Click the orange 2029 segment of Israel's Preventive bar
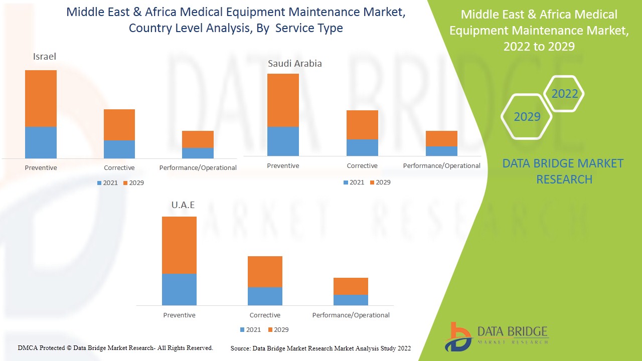41,98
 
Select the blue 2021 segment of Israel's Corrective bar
119,149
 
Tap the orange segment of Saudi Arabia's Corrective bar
362,125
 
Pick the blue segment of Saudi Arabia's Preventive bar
283,141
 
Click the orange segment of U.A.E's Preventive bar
179,245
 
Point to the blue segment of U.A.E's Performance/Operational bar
351,300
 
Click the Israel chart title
45,57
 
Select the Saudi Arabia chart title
294,64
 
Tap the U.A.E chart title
183,205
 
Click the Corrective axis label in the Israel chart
119,168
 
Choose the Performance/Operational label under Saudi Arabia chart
441,166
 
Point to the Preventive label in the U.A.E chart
179,315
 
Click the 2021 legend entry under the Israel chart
107,183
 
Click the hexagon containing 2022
564,94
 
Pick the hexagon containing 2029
527,117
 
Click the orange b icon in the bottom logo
457,336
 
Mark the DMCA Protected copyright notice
115,348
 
